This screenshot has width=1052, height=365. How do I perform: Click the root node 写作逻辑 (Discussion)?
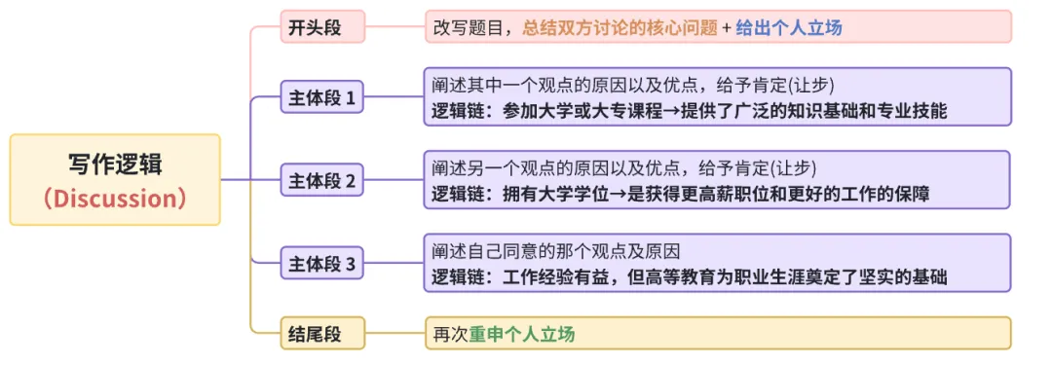point(115,180)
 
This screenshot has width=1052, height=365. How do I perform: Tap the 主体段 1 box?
point(322,97)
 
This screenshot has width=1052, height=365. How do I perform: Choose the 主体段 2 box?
point(322,180)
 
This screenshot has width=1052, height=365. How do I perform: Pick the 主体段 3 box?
point(322,263)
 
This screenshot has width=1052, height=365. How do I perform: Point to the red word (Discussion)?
point(115,199)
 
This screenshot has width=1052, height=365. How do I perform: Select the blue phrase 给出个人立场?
point(789,27)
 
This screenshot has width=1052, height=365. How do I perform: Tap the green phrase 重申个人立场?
point(522,334)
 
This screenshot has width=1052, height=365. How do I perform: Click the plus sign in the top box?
point(726,27)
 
